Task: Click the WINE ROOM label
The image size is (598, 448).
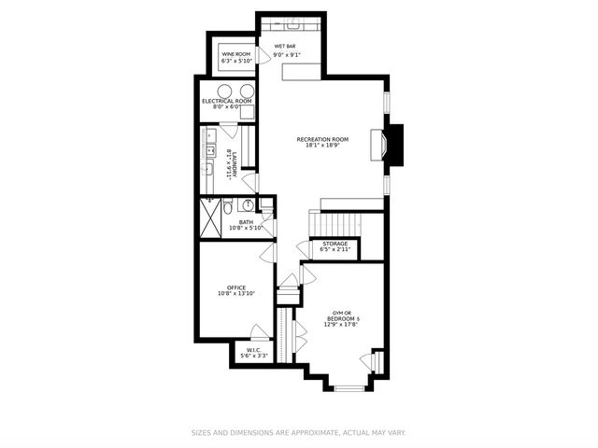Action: (236, 55)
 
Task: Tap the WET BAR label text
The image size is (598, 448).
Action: (285, 47)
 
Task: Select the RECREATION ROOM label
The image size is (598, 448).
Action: (321, 139)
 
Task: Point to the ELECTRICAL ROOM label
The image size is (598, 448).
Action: (226, 101)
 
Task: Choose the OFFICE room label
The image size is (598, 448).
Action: (235, 287)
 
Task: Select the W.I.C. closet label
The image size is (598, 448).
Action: (253, 352)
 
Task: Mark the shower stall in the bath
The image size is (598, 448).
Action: (214, 216)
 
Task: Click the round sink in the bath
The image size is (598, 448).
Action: (249, 205)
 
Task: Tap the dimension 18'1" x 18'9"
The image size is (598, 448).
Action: (321, 146)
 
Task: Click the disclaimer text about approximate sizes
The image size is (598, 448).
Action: (298, 433)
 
